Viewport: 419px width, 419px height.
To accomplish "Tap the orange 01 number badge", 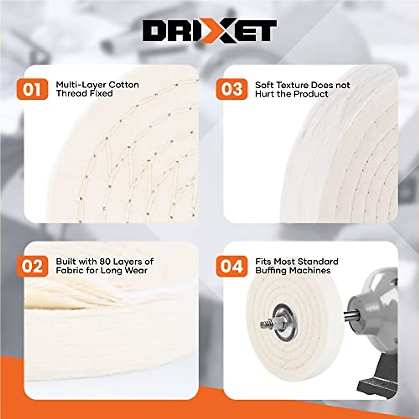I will (32, 89).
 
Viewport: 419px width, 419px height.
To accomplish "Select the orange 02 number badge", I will (32, 266).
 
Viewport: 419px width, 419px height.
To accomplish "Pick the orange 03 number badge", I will (231, 89).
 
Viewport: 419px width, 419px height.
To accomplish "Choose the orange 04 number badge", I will (231, 266).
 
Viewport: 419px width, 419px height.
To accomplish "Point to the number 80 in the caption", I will (105, 262).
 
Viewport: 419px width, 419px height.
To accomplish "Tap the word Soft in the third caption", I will (264, 85).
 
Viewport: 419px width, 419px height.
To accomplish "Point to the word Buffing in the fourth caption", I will (271, 271).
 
